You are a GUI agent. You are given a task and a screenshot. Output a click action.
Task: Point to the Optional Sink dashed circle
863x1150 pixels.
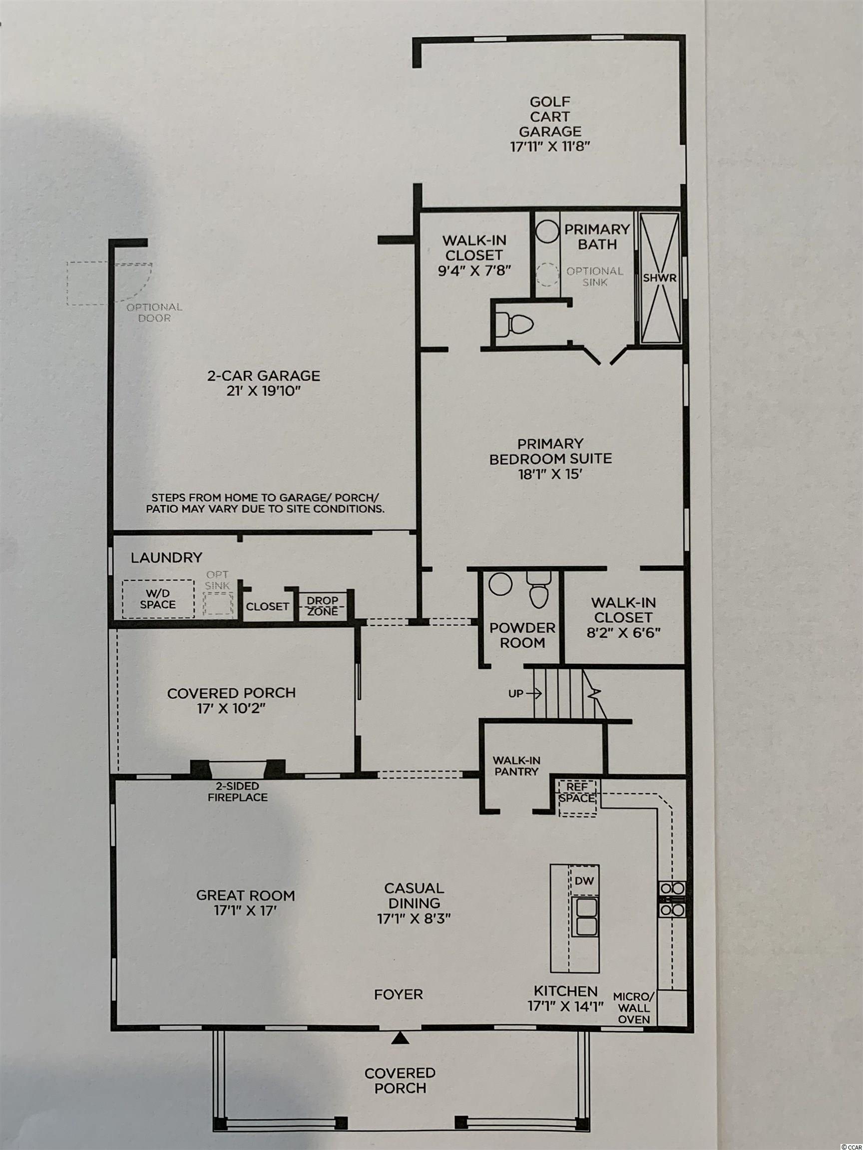[x=547, y=275]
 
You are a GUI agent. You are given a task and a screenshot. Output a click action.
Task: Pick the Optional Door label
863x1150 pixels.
[x=154, y=312]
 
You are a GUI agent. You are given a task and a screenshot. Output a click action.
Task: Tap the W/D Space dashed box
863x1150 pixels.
[x=158, y=598]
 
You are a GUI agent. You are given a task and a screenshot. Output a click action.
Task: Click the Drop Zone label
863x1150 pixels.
[x=323, y=605]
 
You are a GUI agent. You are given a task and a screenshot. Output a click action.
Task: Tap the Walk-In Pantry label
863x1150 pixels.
[x=516, y=766]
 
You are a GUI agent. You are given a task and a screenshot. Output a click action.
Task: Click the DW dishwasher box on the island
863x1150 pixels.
[x=583, y=880]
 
